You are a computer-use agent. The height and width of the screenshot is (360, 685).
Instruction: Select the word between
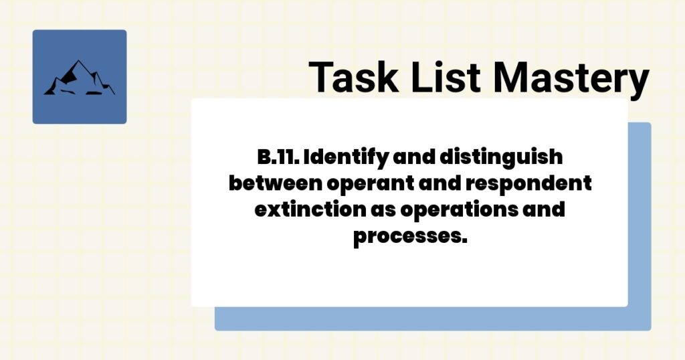(272, 183)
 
